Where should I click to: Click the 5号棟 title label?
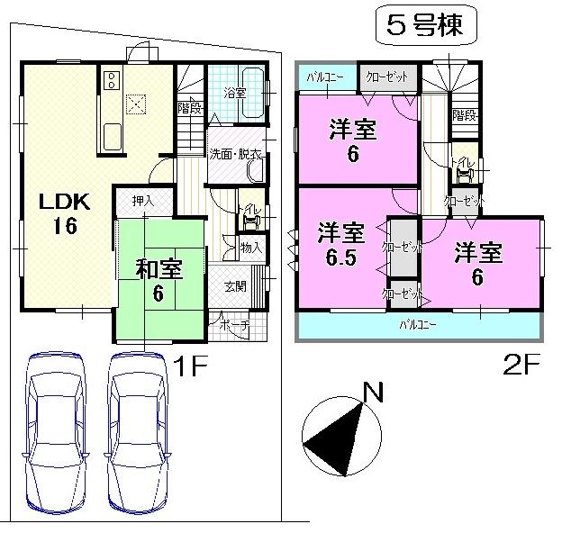(424, 26)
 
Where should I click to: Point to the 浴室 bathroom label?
(235, 91)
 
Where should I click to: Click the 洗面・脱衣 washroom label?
(236, 154)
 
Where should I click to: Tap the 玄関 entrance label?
(235, 287)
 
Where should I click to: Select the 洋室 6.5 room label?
(340, 246)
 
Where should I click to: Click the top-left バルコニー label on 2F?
(322, 77)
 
